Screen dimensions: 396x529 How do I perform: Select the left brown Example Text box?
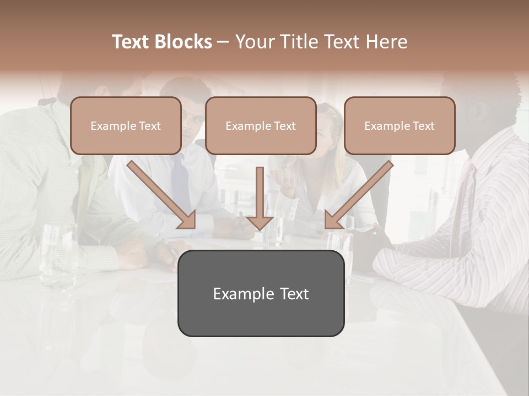(126, 125)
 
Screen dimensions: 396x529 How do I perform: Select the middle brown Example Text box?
(261, 125)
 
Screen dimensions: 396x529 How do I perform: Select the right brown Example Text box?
(400, 125)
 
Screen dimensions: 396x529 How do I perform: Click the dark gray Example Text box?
(261, 293)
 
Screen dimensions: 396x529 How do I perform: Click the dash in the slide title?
(223, 42)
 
